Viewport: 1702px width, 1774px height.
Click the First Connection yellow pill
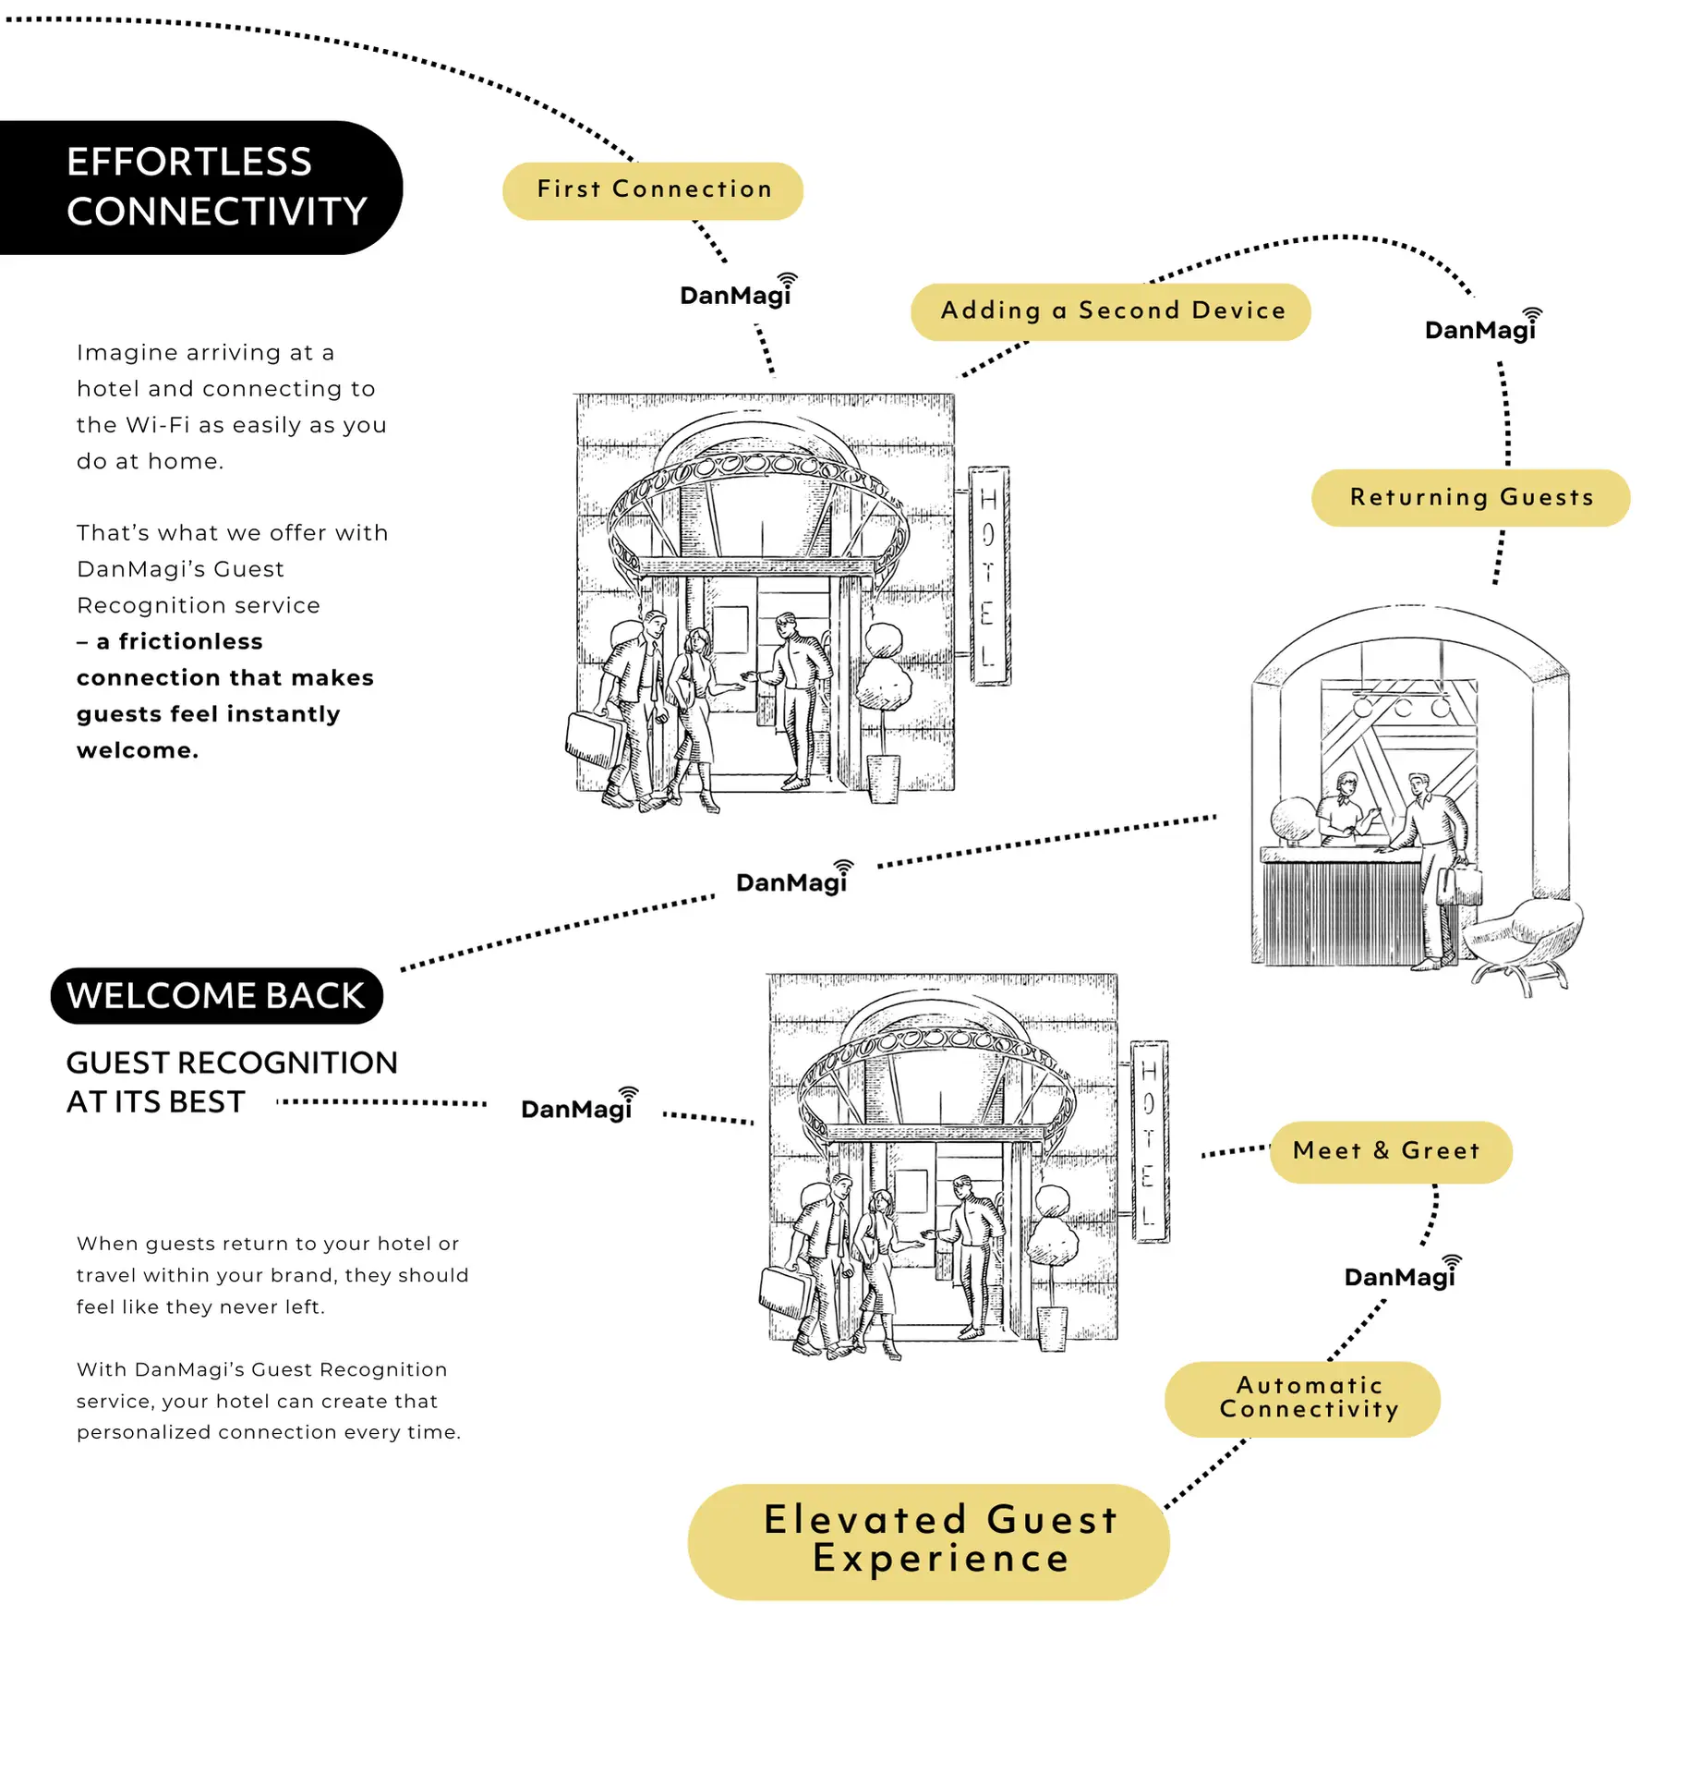(652, 190)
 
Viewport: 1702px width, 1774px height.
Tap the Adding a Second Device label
(1110, 311)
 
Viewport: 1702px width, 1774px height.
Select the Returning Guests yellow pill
(1469, 497)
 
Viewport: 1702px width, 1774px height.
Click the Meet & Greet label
(1389, 1150)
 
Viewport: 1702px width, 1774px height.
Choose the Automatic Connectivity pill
(1301, 1397)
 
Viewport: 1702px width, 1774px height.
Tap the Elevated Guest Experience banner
(927, 1540)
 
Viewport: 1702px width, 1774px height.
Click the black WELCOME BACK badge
(216, 995)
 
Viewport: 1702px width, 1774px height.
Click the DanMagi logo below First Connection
(736, 294)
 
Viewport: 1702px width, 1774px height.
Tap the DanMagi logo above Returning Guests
(1480, 328)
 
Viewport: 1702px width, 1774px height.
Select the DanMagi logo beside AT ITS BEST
(577, 1107)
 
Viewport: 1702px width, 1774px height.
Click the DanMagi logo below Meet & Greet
(1400, 1275)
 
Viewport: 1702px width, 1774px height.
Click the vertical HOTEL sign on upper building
(988, 576)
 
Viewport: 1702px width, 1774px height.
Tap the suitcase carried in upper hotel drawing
(591, 739)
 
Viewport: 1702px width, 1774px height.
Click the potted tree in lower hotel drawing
(1053, 1266)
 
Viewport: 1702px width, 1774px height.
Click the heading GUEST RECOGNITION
(231, 1062)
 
